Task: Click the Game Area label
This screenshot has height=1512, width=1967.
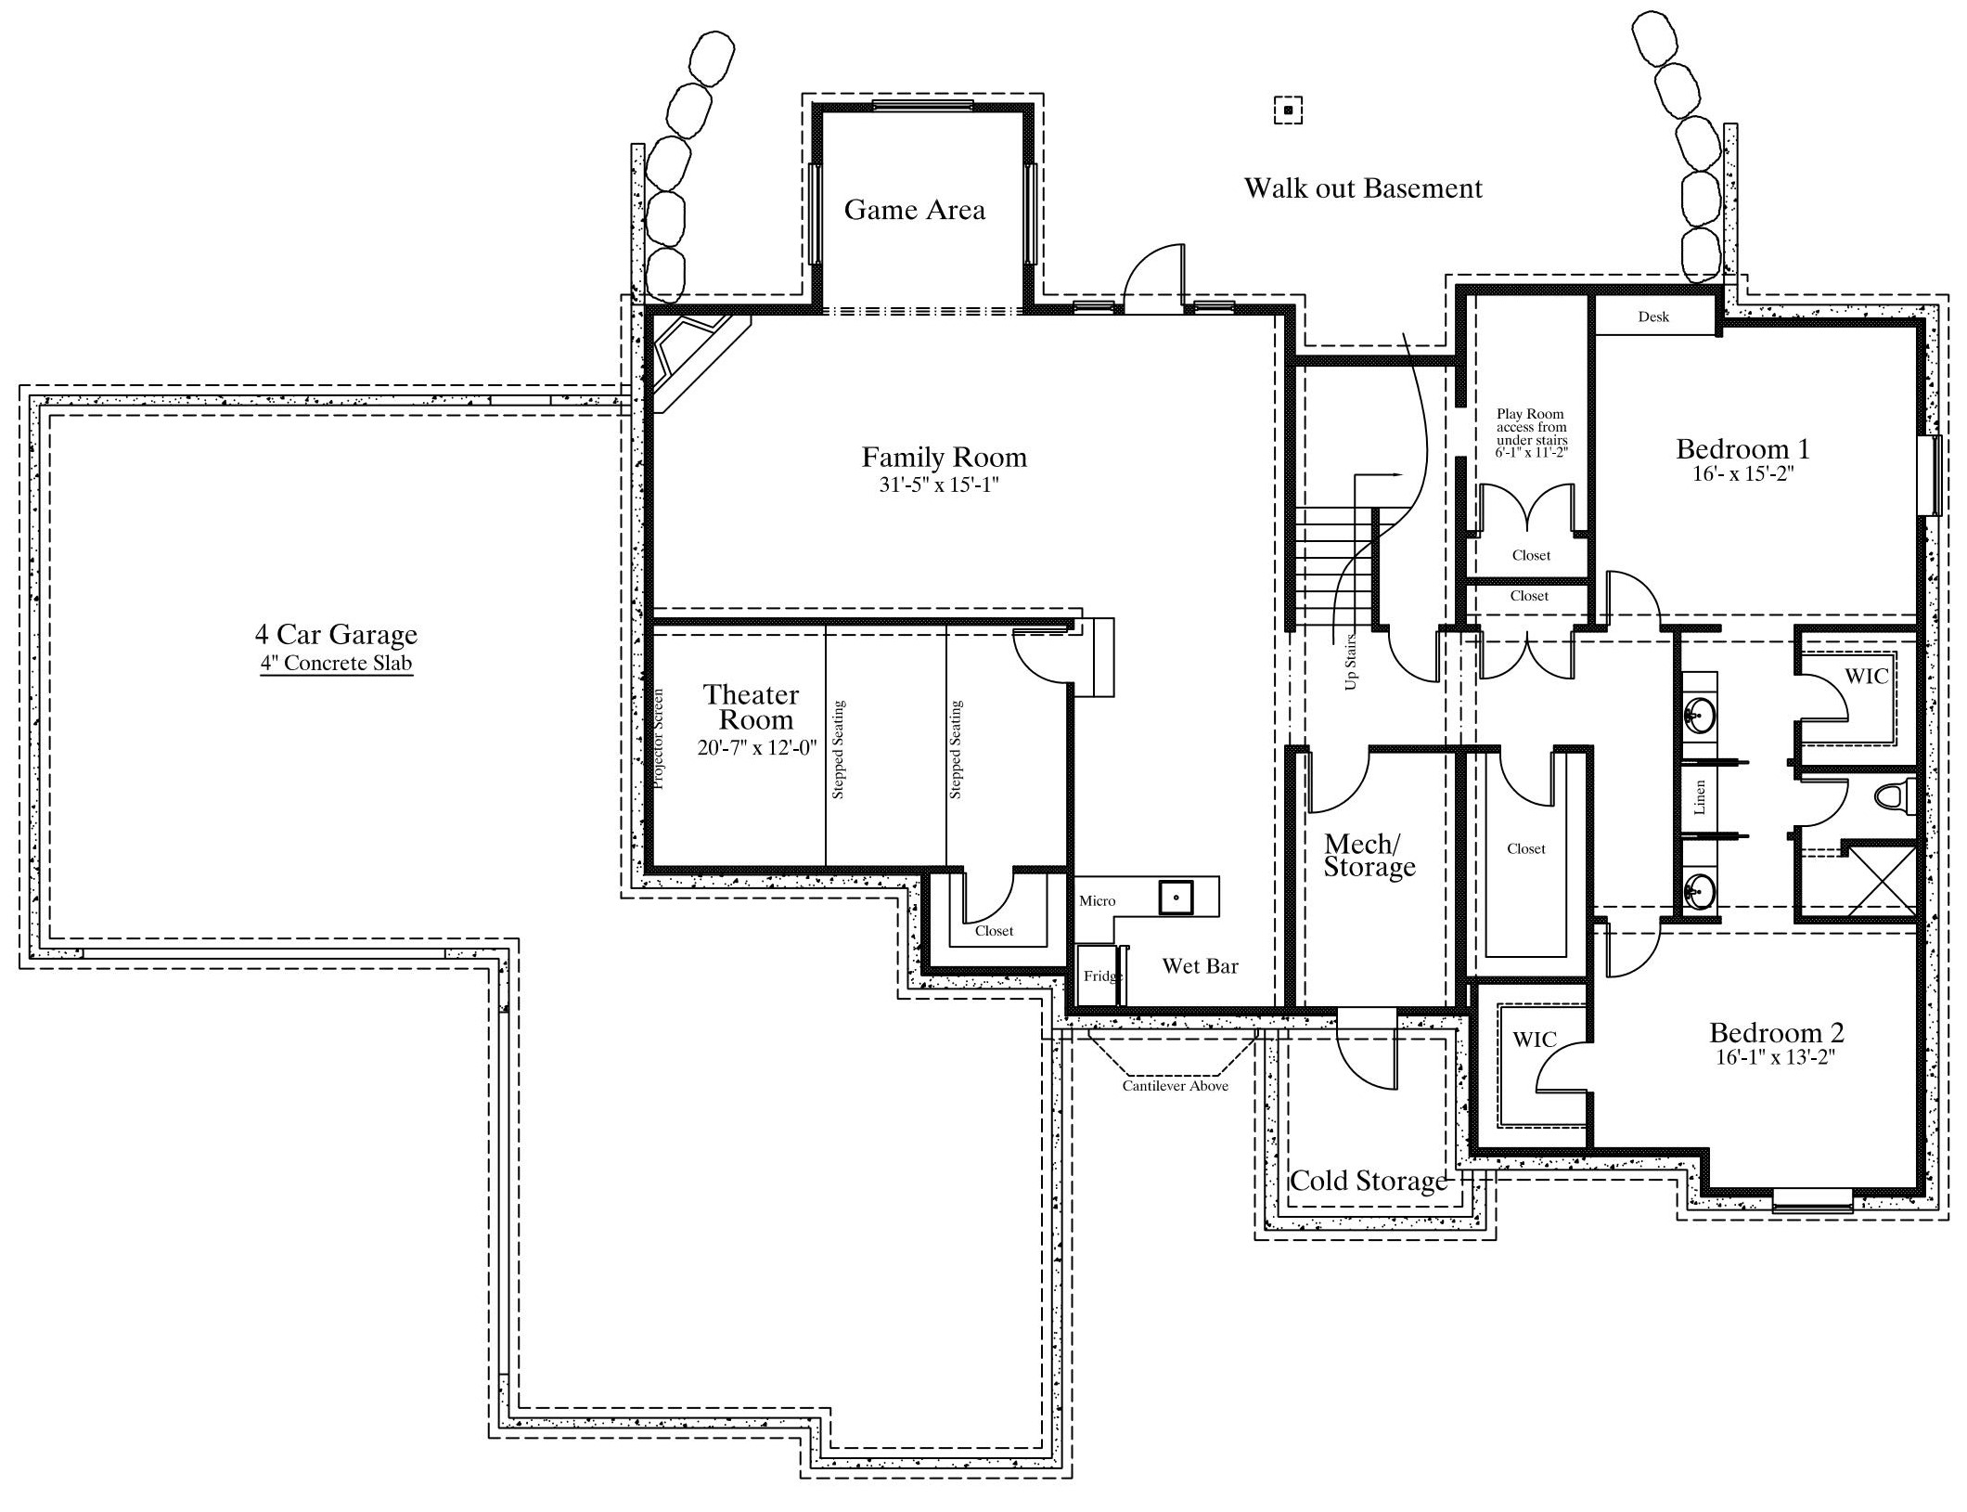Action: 914,210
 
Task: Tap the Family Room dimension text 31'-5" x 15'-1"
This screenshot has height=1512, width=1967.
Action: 939,485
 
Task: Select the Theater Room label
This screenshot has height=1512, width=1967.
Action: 752,707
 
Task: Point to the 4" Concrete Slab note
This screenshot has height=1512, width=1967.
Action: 336,664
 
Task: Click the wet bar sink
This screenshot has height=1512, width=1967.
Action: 1176,898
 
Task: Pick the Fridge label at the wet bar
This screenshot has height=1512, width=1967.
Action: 1102,976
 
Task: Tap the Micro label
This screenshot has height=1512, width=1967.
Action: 1097,901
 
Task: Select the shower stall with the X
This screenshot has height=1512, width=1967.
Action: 1879,879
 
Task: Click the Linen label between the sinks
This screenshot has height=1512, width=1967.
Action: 1699,797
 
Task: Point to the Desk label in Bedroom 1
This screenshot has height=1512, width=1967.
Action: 1653,317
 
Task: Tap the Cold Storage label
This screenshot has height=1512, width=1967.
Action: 1369,1181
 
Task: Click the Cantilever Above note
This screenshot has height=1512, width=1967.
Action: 1175,1086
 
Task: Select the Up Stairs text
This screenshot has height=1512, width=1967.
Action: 1350,661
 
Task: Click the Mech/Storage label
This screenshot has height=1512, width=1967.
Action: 1369,855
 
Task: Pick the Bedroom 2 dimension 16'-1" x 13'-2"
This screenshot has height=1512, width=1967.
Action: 1776,1057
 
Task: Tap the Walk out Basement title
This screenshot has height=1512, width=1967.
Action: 1363,188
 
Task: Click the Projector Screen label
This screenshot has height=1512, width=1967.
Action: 659,739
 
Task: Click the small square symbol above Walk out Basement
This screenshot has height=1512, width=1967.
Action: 1288,110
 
